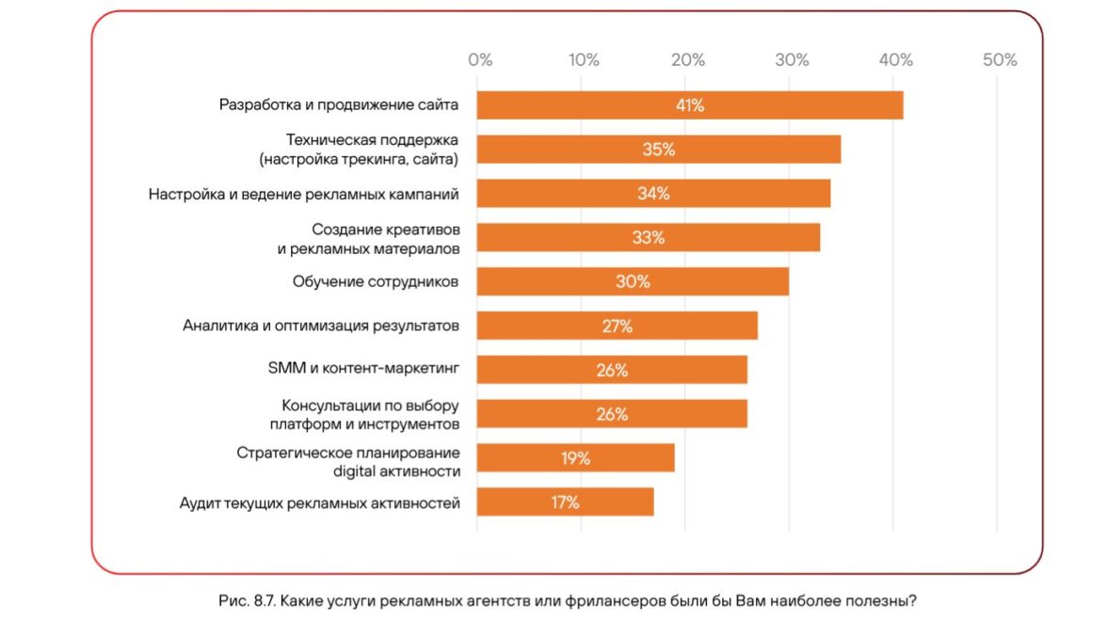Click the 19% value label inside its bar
pos(575,458)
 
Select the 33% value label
pos(649,238)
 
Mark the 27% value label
pos(618,326)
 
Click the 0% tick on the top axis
pos(480,60)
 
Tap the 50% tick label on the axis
pos(1000,60)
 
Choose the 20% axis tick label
pos(688,60)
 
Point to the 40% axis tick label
pos(896,60)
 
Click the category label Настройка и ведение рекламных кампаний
pos(304,195)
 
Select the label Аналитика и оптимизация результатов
pos(321,326)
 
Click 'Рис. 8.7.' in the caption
pos(247,599)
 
